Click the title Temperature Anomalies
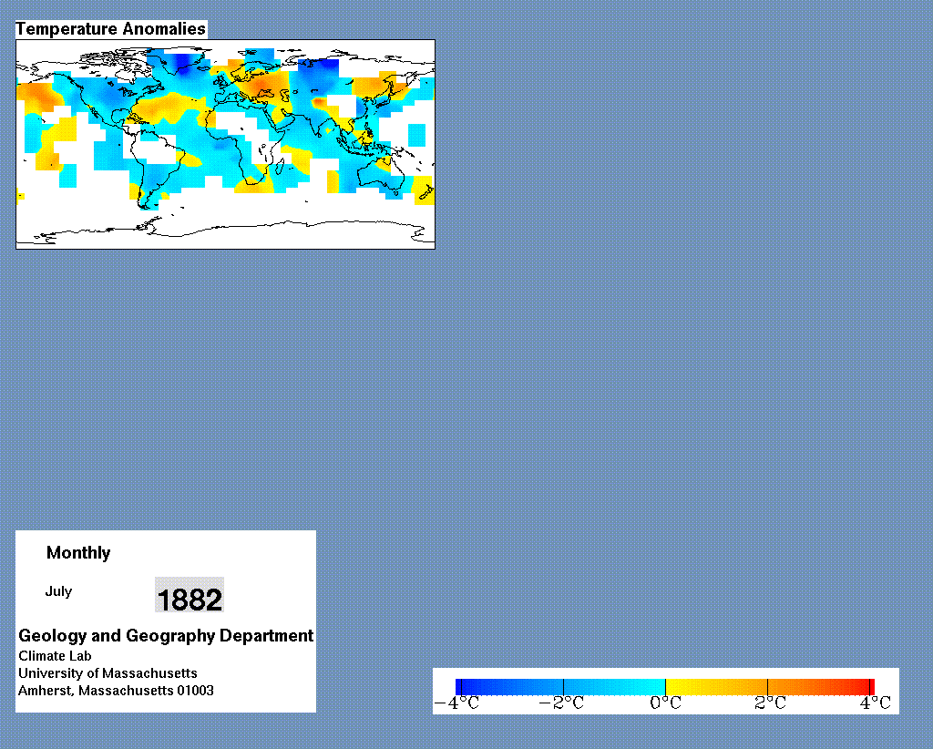click(110, 28)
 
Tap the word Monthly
click(78, 553)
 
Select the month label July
click(58, 591)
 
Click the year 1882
click(190, 599)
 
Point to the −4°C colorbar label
click(456, 703)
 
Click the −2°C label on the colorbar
click(561, 703)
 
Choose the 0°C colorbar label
click(665, 703)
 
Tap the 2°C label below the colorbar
click(770, 703)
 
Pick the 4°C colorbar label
click(875, 703)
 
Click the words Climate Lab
click(55, 655)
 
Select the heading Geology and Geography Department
click(166, 636)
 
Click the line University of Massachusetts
click(108, 672)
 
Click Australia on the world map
click(380, 172)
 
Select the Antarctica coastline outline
click(226, 229)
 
